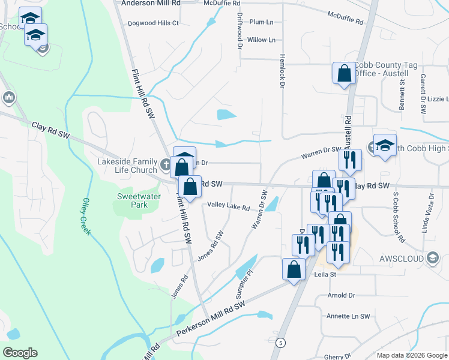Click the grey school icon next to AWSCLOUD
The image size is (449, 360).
[432, 258]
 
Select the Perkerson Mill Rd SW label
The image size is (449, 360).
[211, 318]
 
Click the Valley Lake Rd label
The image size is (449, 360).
[229, 206]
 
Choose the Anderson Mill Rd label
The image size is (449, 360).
[151, 3]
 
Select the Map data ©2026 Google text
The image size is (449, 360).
[411, 355]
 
